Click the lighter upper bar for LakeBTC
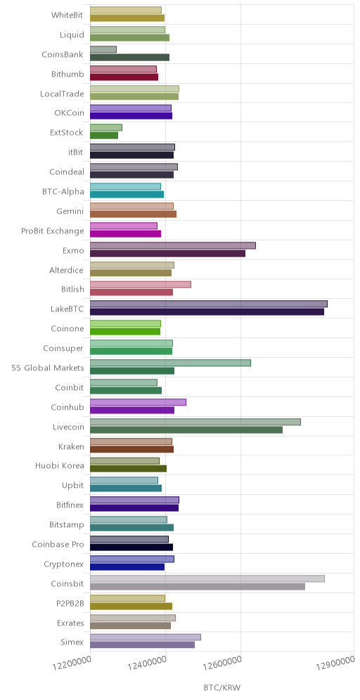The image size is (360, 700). [x=209, y=304]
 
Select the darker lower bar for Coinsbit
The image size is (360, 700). [x=198, y=587]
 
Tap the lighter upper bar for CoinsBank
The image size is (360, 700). [x=103, y=49]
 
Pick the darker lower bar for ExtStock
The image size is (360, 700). [x=104, y=135]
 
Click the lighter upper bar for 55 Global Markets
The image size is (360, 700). [x=170, y=363]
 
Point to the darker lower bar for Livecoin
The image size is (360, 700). [x=186, y=429]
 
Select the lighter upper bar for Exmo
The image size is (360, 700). [x=173, y=245]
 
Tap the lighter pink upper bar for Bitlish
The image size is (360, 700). [x=141, y=285]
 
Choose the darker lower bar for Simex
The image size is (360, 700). [x=143, y=644]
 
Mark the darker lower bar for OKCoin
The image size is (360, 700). [x=131, y=116]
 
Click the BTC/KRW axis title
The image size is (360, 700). [x=222, y=687]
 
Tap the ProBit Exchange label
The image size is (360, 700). [x=52, y=231]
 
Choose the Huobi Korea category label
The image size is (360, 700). [x=59, y=466]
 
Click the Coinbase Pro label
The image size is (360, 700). [x=58, y=544]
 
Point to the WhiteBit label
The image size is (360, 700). [x=67, y=15]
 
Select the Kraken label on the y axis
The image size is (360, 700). [x=71, y=446]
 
